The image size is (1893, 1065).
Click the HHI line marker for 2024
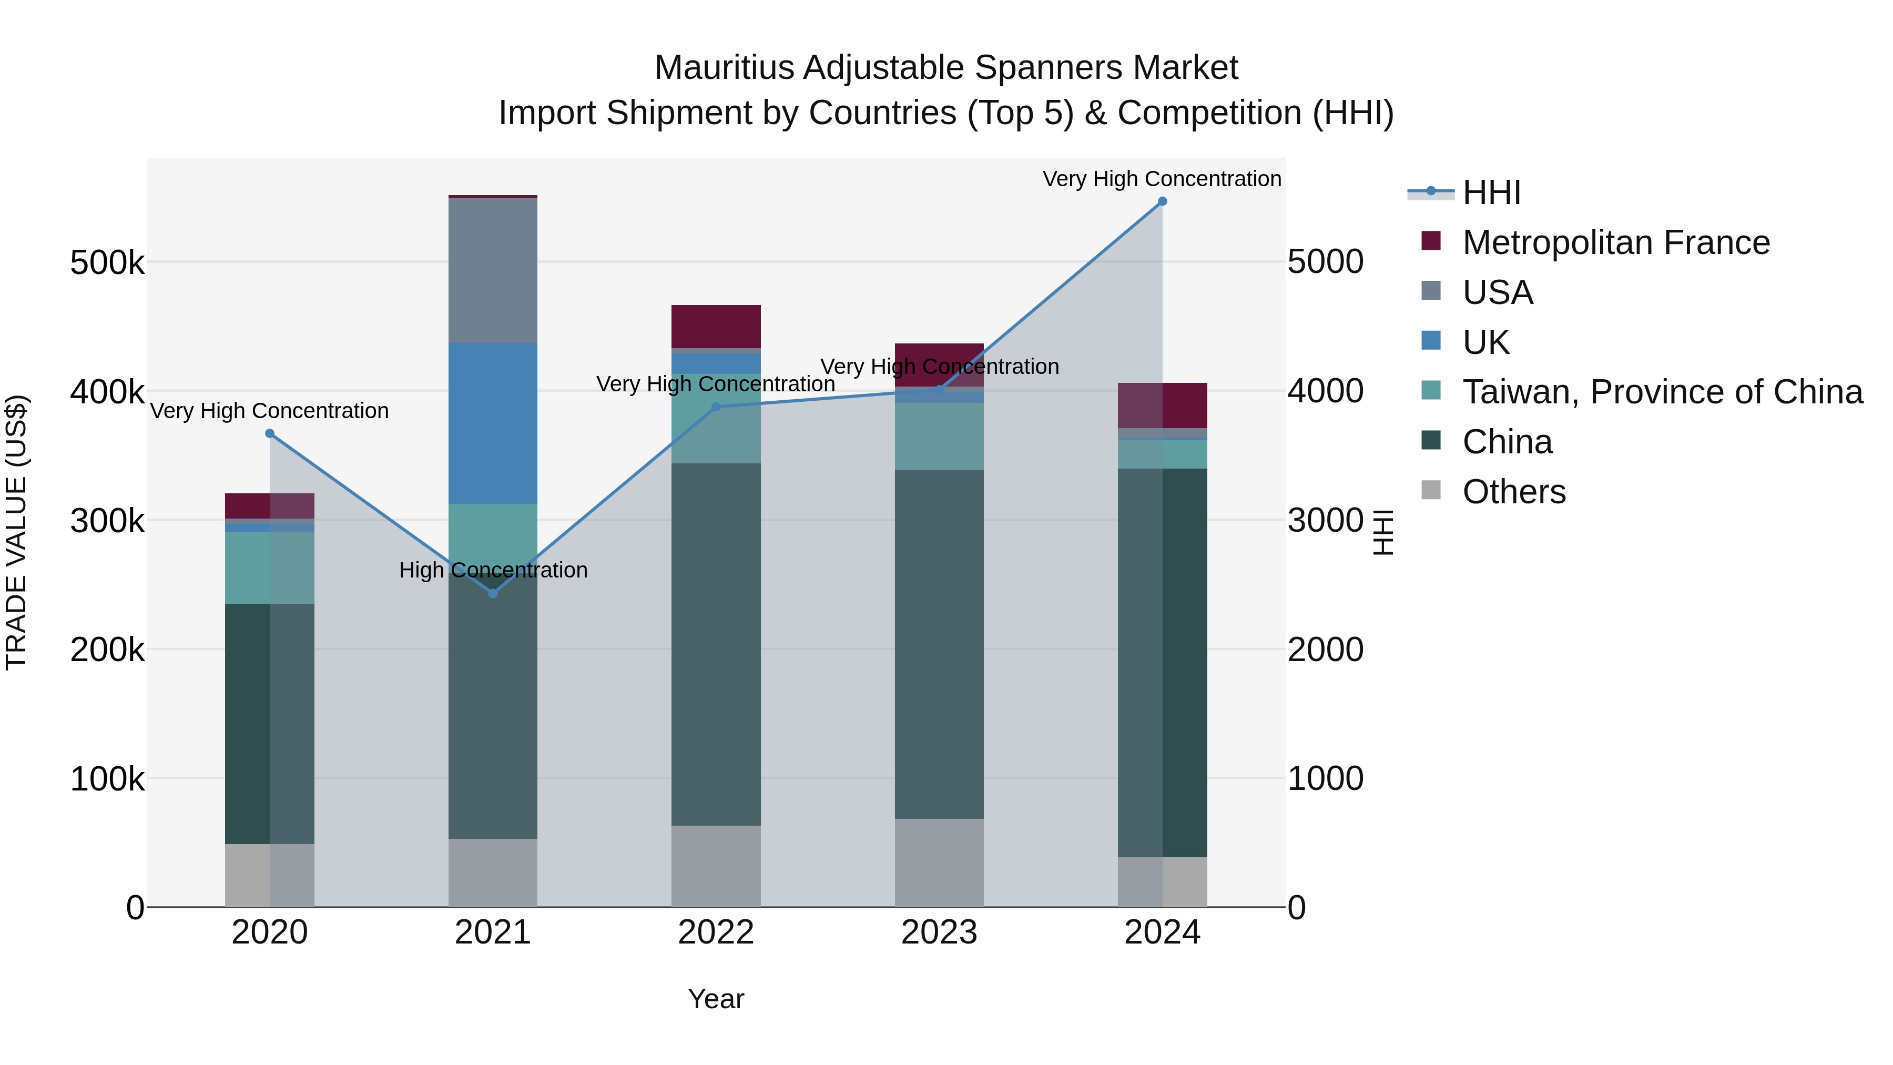click(1162, 201)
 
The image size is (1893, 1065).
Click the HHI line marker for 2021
click(493, 593)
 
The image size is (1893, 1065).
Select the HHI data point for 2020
click(270, 434)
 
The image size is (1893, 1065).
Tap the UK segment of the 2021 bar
click(493, 423)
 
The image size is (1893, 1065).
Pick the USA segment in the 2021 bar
click(493, 270)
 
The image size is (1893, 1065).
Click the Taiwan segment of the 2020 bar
click(270, 567)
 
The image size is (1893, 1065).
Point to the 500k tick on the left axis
click(107, 262)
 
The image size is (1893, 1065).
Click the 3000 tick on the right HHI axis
click(1326, 520)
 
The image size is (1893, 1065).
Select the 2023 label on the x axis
click(939, 932)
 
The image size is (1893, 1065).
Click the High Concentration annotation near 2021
click(493, 570)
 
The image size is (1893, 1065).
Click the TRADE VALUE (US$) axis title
click(16, 532)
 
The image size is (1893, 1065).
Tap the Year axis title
click(716, 999)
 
